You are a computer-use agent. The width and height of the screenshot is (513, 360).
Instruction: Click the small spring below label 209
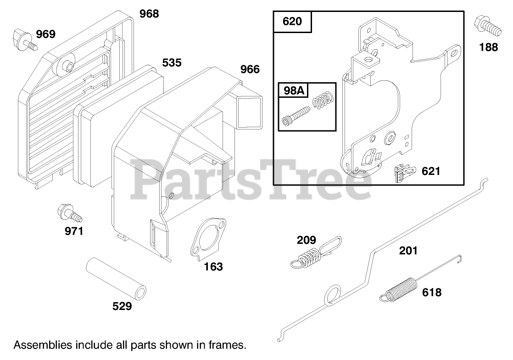309,255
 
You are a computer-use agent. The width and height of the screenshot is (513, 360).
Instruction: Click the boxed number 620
293,22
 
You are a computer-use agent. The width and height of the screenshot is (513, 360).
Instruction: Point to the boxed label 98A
294,91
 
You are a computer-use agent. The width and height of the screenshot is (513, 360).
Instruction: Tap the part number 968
149,14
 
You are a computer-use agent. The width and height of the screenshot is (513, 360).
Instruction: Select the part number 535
172,62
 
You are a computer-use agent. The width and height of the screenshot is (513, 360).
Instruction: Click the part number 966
250,69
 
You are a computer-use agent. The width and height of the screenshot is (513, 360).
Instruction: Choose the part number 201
408,250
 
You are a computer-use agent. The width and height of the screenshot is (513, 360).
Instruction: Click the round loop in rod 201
332,297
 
